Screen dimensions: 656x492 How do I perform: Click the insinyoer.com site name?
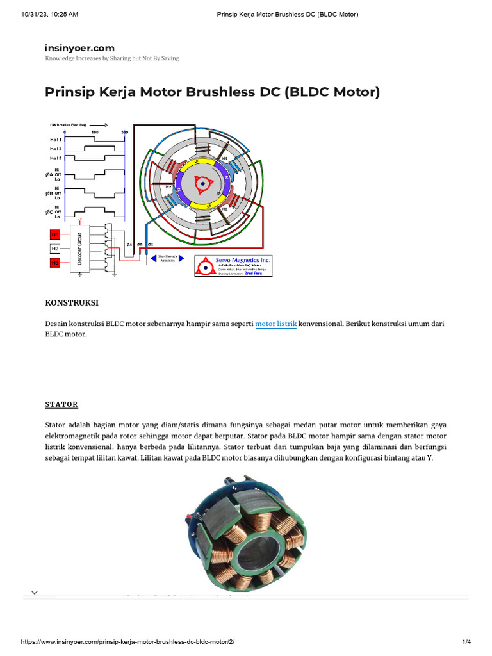(79, 48)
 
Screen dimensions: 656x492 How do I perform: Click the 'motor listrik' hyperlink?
(275, 324)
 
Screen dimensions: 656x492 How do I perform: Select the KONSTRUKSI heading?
(72, 302)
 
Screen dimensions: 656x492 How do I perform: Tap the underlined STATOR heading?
(61, 404)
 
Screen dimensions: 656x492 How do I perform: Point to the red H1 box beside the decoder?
(55, 234)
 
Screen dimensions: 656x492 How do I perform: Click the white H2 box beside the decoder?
(55, 249)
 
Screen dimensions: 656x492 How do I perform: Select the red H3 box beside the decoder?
(55, 263)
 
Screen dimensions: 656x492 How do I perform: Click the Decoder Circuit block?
(80, 248)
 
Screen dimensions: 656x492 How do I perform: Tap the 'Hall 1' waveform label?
(56, 139)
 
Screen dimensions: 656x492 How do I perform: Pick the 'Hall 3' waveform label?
(56, 157)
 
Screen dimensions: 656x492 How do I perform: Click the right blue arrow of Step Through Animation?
(181, 258)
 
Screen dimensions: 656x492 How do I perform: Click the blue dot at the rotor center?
(202, 184)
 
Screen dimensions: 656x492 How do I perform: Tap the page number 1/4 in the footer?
(466, 642)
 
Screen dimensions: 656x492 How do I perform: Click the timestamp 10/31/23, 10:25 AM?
(50, 14)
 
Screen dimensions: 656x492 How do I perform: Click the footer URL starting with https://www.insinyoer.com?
(133, 642)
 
